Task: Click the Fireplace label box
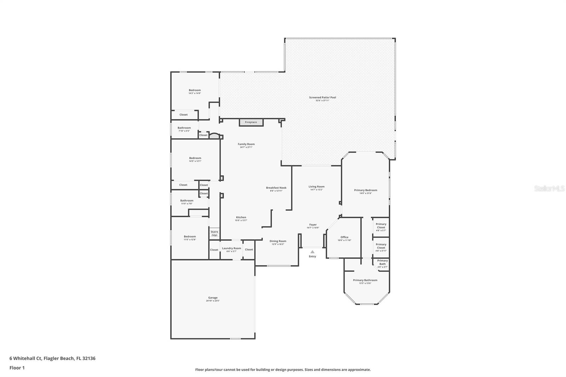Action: click(251, 122)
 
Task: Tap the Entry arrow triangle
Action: click(312, 252)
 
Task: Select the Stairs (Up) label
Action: click(214, 233)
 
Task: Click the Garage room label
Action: click(213, 298)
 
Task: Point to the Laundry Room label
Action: click(231, 248)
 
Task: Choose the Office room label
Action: click(344, 237)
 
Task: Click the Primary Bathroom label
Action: click(365, 280)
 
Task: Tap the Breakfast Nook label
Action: click(276, 188)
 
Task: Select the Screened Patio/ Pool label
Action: click(322, 97)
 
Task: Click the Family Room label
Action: click(246, 144)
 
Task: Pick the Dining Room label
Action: click(278, 241)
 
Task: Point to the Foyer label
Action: click(313, 225)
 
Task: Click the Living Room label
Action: click(316, 186)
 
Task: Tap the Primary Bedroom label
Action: click(365, 190)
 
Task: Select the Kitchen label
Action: click(241, 217)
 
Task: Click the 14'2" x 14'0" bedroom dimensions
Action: click(195, 93)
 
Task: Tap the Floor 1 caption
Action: click(17, 368)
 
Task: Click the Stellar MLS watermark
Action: click(549, 189)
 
